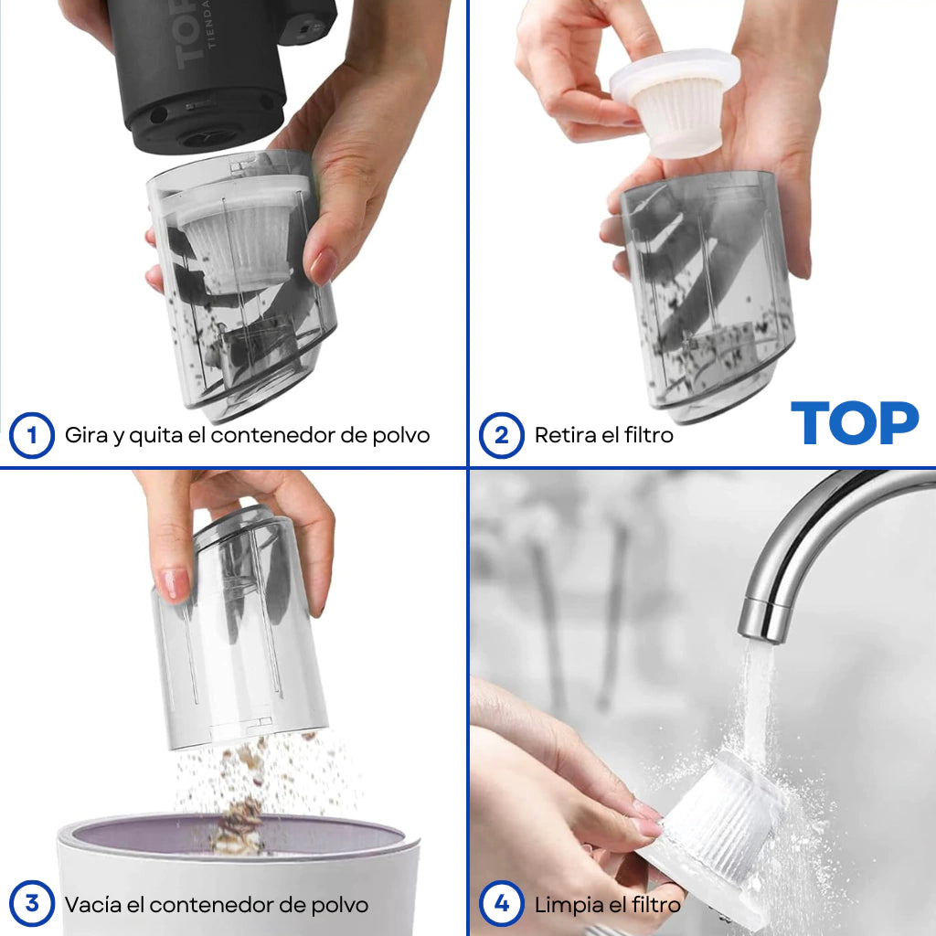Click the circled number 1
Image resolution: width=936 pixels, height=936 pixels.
coord(32,435)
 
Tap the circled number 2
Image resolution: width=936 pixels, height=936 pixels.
coord(502,435)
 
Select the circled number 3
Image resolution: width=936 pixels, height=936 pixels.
coord(32,904)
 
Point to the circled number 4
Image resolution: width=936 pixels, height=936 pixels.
coord(502,904)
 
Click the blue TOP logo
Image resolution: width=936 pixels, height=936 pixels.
coord(855,422)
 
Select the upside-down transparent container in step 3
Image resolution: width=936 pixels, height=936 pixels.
coord(239,627)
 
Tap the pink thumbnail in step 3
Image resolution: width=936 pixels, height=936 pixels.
coord(175,584)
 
